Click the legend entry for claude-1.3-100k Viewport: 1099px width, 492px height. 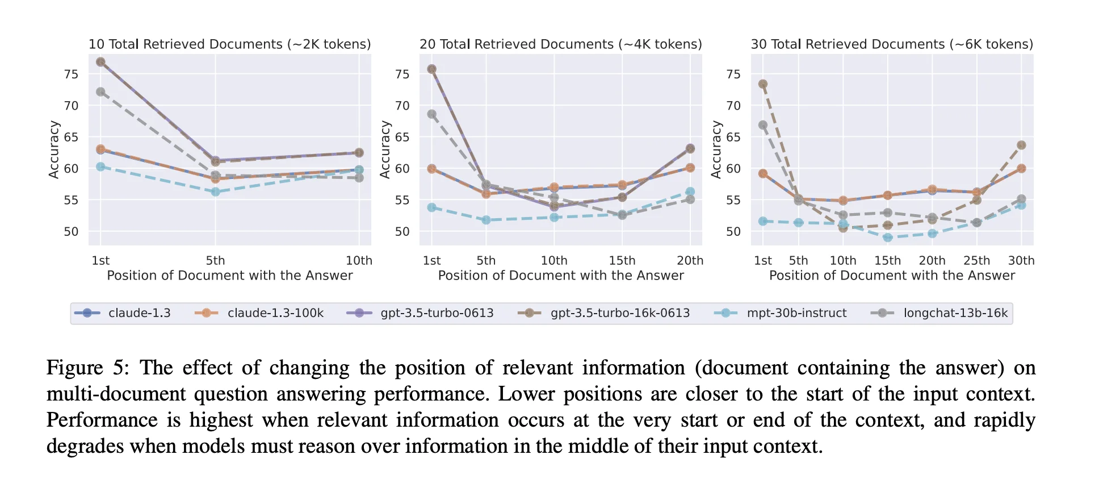pyautogui.click(x=275, y=313)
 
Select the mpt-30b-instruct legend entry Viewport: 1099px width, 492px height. pyautogui.click(x=796, y=313)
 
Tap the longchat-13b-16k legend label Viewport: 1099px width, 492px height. pyautogui.click(x=955, y=313)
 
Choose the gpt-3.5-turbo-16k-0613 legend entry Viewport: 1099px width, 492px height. pyautogui.click(x=619, y=313)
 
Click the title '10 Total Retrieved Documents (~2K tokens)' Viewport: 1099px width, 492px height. pyautogui.click(x=229, y=44)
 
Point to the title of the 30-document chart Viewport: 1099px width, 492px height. pyautogui.click(x=891, y=44)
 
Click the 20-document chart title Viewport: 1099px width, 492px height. pyautogui.click(x=560, y=44)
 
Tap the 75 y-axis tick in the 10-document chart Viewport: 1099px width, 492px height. pyautogui.click(x=71, y=74)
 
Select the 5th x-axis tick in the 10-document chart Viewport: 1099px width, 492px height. pyautogui.click(x=215, y=261)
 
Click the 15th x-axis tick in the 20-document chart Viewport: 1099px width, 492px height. pyautogui.click(x=622, y=261)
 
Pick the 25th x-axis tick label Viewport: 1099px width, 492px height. pyautogui.click(x=976, y=261)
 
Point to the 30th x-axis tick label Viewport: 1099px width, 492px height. pyautogui.click(x=1021, y=261)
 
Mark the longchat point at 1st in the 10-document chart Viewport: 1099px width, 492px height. pyautogui.click(x=100, y=92)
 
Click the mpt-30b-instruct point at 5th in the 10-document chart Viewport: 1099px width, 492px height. pyautogui.click(x=215, y=192)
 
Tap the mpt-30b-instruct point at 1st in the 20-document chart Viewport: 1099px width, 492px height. pyautogui.click(x=431, y=207)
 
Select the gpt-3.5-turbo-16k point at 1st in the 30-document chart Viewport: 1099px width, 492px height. pyautogui.click(x=762, y=84)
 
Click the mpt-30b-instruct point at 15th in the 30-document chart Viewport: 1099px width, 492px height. pyautogui.click(x=887, y=237)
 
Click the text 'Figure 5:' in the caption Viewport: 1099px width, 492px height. pyautogui.click(x=87, y=368)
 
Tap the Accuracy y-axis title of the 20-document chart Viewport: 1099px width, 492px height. pyautogui.click(x=385, y=149)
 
